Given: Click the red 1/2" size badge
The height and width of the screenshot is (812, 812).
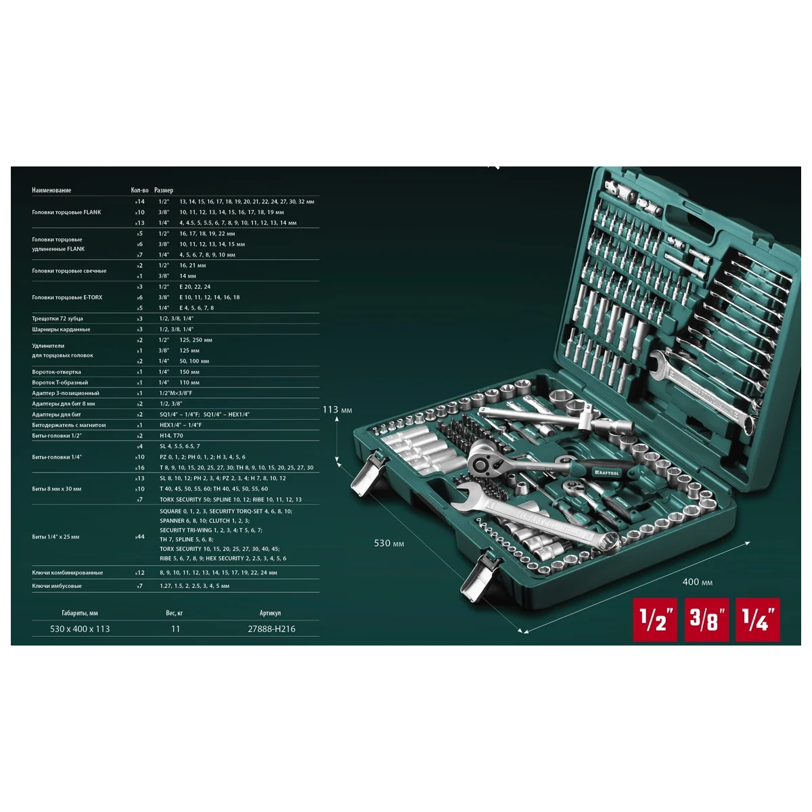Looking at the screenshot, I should [x=655, y=619].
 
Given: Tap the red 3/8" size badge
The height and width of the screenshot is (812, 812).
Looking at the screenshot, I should [x=707, y=619].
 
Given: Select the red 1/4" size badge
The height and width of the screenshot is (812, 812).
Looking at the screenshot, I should [x=758, y=619].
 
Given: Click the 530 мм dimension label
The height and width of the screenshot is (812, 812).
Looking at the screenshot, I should [x=389, y=543].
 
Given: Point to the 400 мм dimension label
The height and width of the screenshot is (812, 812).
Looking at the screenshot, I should [x=697, y=582].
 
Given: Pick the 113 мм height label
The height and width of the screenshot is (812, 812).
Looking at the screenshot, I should [x=338, y=409].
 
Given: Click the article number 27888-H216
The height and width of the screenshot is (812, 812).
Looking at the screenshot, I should [x=271, y=629].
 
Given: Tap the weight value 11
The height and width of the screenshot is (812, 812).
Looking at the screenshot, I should [x=175, y=629].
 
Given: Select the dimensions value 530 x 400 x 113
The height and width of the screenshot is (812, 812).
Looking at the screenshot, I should [x=80, y=629].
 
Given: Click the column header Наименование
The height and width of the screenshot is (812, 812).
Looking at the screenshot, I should [x=51, y=190].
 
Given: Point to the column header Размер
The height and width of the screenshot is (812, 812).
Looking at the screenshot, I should [x=164, y=190].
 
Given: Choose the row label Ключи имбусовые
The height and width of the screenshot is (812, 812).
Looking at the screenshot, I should [x=57, y=586].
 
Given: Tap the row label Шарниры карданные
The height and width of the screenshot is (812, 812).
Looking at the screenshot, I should [x=61, y=330].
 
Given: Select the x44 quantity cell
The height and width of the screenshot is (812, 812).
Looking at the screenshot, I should [x=140, y=537].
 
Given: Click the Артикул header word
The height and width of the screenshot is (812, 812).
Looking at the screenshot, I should [x=270, y=613].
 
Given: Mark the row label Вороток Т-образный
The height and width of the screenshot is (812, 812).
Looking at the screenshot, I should [x=60, y=382].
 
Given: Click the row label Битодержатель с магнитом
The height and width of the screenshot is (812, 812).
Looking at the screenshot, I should [x=69, y=425].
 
